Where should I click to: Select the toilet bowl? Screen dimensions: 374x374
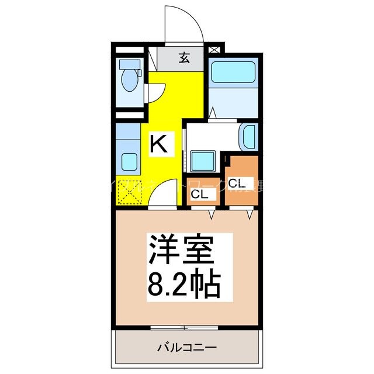[129, 82]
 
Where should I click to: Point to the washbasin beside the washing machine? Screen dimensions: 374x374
[248, 137]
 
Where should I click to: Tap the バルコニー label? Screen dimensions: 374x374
[186, 347]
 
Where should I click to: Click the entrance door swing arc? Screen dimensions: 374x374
[183, 23]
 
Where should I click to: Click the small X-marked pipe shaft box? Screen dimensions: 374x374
[214, 50]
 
